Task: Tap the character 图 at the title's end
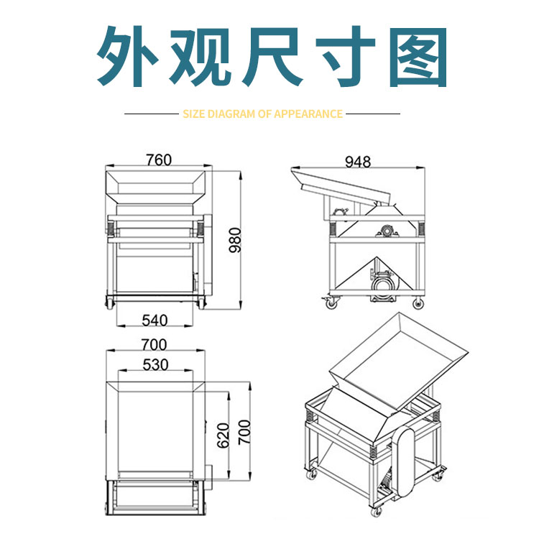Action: coord(420,57)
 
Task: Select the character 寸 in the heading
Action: coord(346,57)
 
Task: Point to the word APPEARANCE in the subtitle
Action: coord(308,114)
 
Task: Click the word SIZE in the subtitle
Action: coord(193,114)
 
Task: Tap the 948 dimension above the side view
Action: coord(357,162)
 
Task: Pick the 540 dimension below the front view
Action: coord(155,320)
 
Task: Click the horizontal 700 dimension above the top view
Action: coord(155,344)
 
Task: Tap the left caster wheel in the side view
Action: coord(332,303)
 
